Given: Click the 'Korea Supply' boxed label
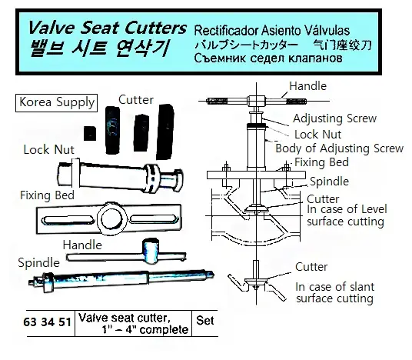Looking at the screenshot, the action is [x=56, y=102].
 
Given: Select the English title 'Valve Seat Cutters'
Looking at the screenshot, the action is [x=107, y=28].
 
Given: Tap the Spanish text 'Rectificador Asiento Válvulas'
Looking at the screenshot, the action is [x=271, y=31].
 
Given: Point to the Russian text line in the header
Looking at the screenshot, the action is [x=268, y=58].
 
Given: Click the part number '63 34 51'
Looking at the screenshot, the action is [x=48, y=322].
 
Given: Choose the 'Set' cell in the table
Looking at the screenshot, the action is [x=205, y=321].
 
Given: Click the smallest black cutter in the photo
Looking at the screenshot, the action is [x=90, y=134].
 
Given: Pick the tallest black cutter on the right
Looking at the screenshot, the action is [x=165, y=132].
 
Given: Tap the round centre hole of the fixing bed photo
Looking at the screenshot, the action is [x=112, y=218].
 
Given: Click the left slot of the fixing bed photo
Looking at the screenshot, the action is [x=68, y=220].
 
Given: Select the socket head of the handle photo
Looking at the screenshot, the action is [x=151, y=251].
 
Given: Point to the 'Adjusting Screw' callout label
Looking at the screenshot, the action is [x=335, y=118].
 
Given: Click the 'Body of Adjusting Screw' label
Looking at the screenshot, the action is [x=339, y=148].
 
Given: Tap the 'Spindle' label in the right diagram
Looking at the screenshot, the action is [x=329, y=182].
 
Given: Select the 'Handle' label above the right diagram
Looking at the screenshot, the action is [x=308, y=86].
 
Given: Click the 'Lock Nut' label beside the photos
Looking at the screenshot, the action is [x=49, y=150].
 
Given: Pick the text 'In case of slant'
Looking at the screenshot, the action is [x=335, y=287].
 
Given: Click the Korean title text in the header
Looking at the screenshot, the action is [x=100, y=48].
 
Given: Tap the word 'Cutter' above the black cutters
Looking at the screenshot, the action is [x=136, y=100].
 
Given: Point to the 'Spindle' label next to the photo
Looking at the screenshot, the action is [x=39, y=263].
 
